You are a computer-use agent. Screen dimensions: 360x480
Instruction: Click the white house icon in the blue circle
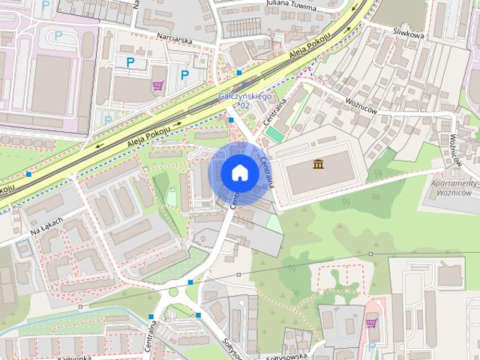coord(239,172)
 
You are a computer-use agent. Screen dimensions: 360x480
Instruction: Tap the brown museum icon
coord(319,164)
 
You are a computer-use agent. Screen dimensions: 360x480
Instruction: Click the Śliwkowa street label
coord(408,34)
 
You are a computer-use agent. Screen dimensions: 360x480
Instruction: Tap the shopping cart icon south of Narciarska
coord(157,85)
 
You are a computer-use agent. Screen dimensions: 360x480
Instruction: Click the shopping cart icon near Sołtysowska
coord(371,323)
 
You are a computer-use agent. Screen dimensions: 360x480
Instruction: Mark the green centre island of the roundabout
coord(174,292)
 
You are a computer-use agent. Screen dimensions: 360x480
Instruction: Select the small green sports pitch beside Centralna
coord(275,133)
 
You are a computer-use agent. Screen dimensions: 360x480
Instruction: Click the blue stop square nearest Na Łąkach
coord(28,174)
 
